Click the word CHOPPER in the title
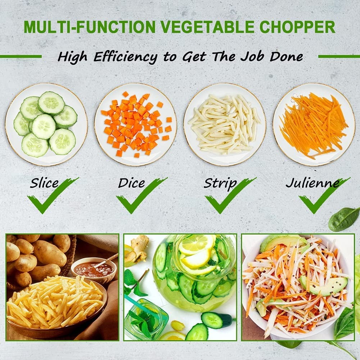pyautogui.click(x=297, y=27)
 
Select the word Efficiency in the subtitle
pyautogui.click(x=126, y=57)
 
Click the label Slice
pyautogui.click(x=44, y=183)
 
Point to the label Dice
pyautogui.click(x=132, y=183)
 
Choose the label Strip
pyautogui.click(x=220, y=184)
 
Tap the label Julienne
pyautogui.click(x=313, y=183)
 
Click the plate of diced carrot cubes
pyautogui.click(x=136, y=124)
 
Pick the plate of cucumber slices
pyautogui.click(x=46, y=124)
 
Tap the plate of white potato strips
pyautogui.click(x=225, y=124)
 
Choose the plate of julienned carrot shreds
pyautogui.click(x=314, y=124)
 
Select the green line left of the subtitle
pyautogui.click(x=21, y=56)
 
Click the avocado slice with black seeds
pyautogui.click(x=324, y=286)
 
